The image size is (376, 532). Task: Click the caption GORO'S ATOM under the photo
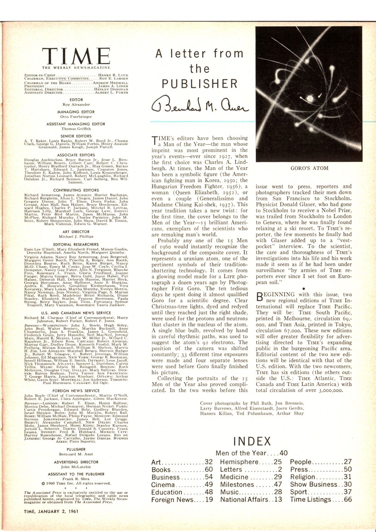(x=309, y=168)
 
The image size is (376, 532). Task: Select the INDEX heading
(x=252, y=441)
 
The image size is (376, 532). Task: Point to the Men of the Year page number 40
(x=284, y=453)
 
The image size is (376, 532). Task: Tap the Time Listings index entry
(x=321, y=499)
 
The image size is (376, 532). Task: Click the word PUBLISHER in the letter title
(x=200, y=84)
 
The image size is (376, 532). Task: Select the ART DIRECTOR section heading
(x=76, y=232)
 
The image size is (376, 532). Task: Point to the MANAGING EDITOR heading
(x=76, y=112)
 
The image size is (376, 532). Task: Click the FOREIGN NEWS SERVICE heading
(x=76, y=391)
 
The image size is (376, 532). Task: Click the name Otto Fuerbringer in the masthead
(x=76, y=117)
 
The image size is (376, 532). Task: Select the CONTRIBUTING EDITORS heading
(x=76, y=190)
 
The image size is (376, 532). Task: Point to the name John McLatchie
(x=76, y=467)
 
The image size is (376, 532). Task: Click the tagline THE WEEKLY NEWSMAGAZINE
(x=76, y=67)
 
